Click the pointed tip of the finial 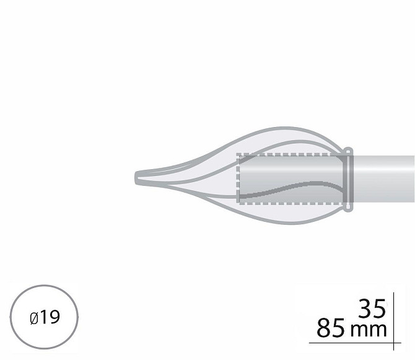[x=135, y=178]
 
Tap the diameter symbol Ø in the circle [x=35, y=318]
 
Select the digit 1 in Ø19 [x=43, y=317]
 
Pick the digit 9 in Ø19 [x=55, y=317]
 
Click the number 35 [x=372, y=309]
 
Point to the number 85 [x=331, y=328]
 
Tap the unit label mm [x=369, y=330]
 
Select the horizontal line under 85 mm [x=355, y=343]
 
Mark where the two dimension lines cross [x=393, y=343]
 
